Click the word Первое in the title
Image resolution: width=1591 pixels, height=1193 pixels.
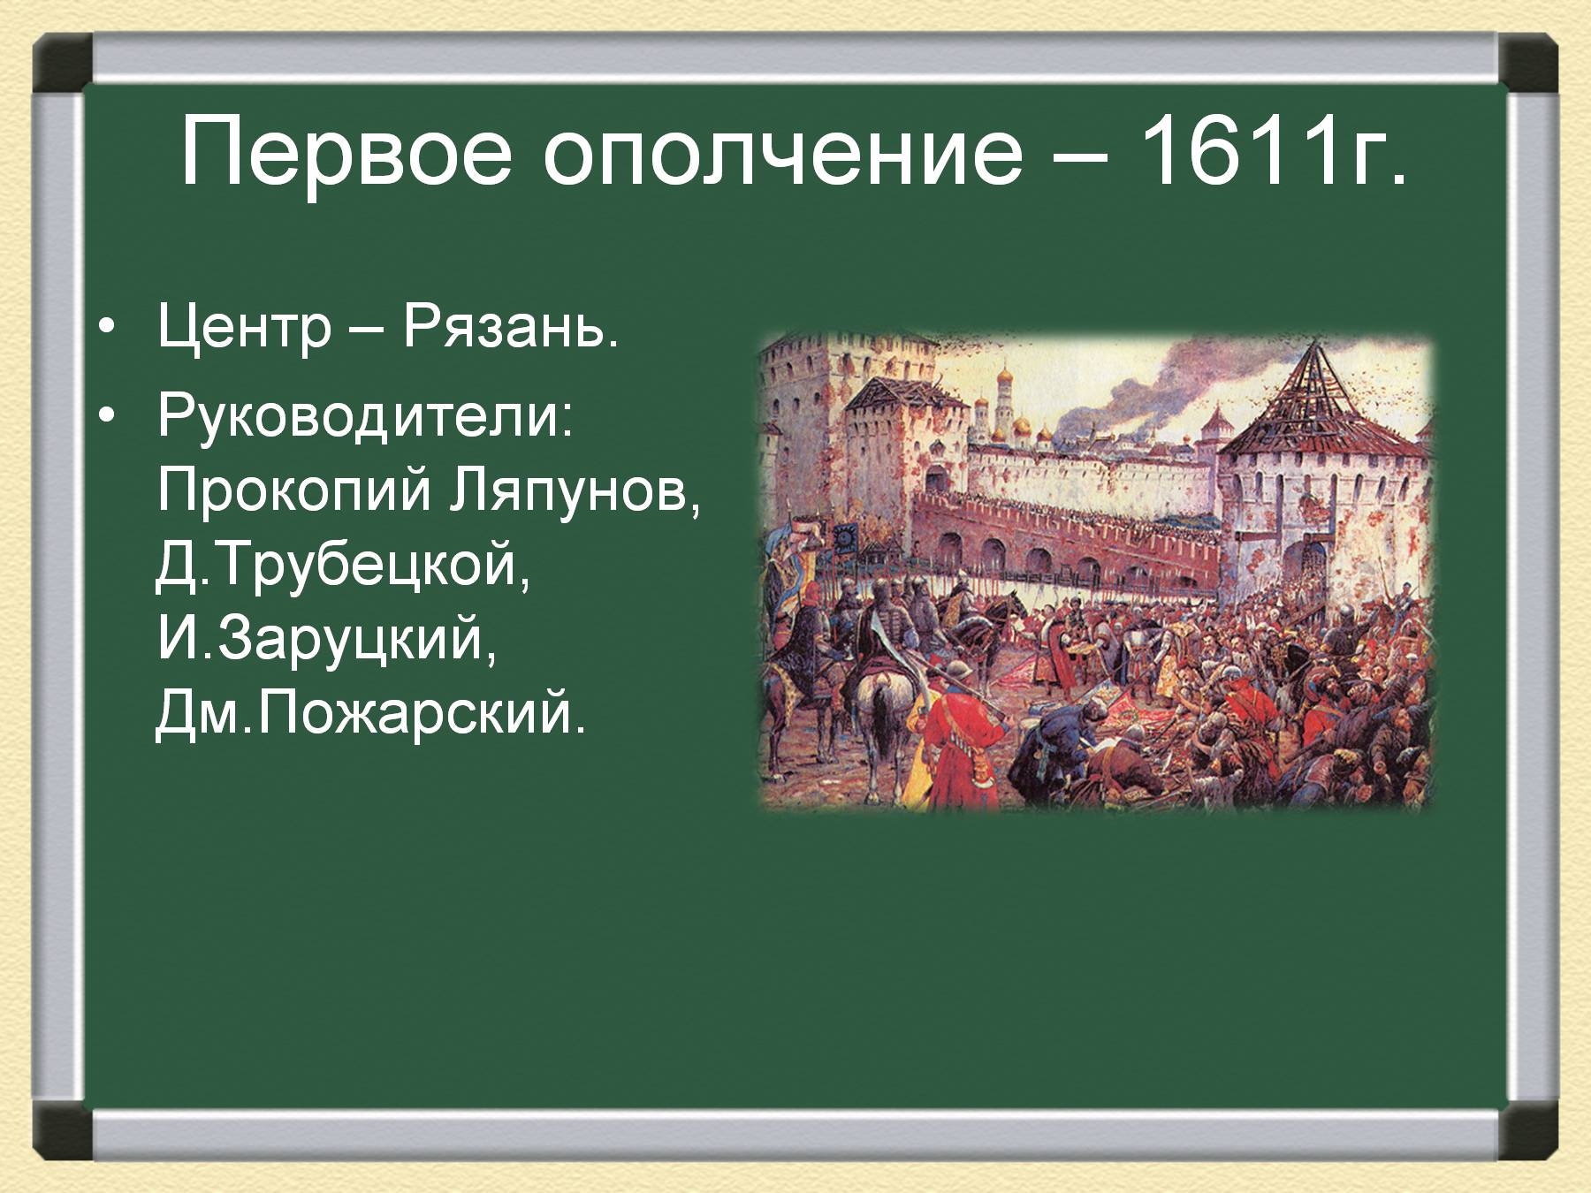click(x=346, y=152)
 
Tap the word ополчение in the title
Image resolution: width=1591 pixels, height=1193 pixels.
click(x=782, y=152)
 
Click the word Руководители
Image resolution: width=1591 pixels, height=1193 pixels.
click(x=365, y=414)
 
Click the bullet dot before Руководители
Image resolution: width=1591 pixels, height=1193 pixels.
click(x=107, y=414)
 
